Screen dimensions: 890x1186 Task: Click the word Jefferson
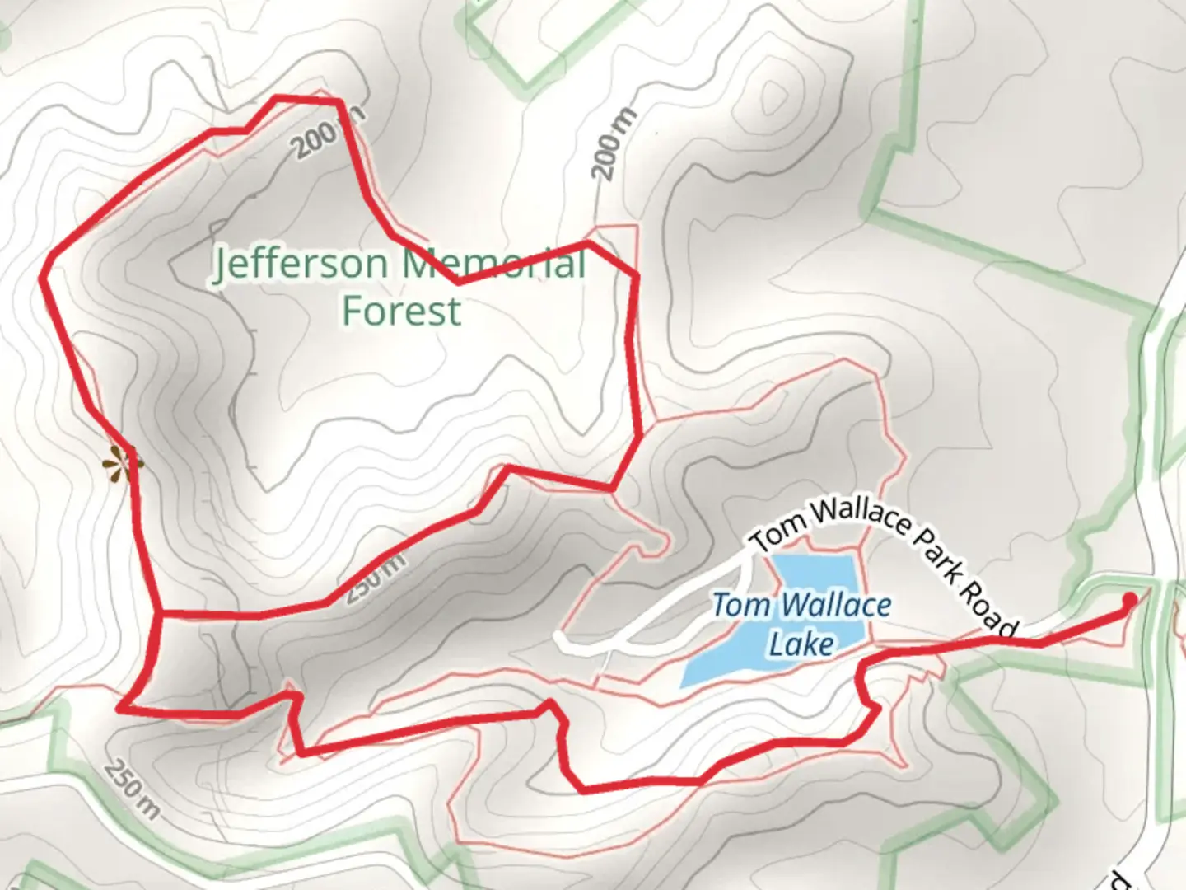pos(301,265)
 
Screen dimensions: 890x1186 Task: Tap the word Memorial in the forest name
pos(494,264)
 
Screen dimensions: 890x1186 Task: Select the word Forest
pos(401,311)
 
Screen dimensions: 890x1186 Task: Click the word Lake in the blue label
pos(801,644)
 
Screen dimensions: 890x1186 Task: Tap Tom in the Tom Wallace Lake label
pos(740,606)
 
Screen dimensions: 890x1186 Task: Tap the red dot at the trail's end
pos(1130,599)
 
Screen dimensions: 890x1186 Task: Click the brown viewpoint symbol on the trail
pos(121,464)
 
